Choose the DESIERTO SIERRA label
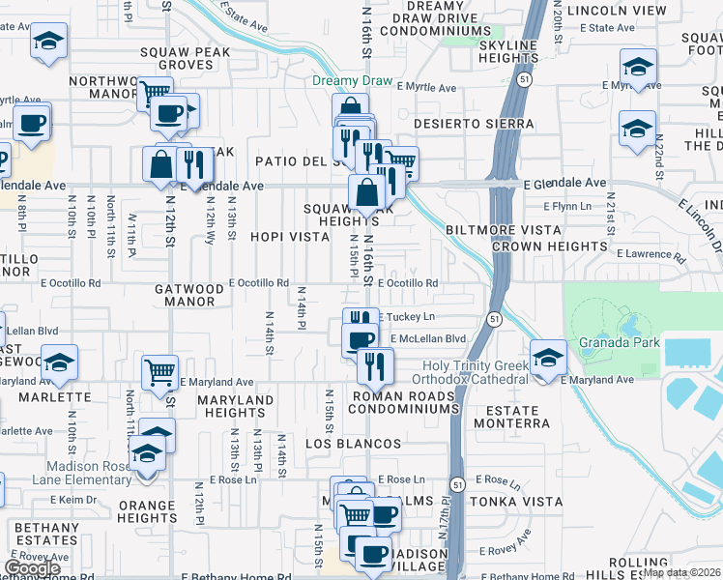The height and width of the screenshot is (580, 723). [474, 125]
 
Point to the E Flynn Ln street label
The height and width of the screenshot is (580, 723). [567, 206]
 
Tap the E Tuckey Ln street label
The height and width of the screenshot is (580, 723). [410, 317]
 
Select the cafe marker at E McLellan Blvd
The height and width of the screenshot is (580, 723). [361, 339]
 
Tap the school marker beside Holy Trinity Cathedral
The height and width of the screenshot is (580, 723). [548, 360]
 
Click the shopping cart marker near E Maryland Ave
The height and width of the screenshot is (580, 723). [159, 370]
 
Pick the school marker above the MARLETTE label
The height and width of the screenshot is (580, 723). [59, 362]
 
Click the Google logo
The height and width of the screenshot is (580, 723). [32, 568]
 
